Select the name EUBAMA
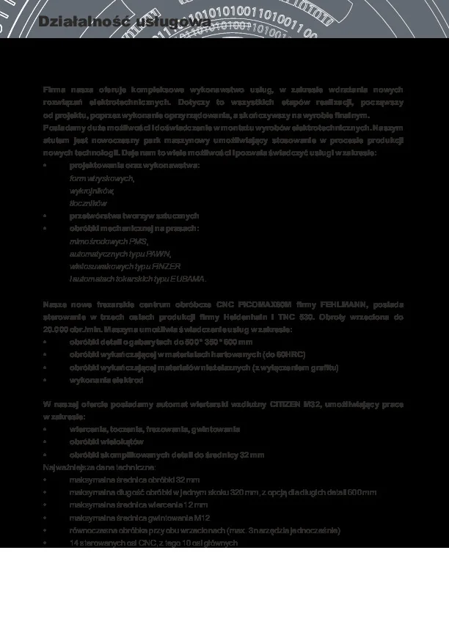click(189, 279)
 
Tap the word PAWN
click(158, 254)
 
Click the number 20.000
click(56, 329)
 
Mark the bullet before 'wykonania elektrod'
click(45, 381)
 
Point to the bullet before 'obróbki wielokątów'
click(45, 442)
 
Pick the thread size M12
click(189, 518)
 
